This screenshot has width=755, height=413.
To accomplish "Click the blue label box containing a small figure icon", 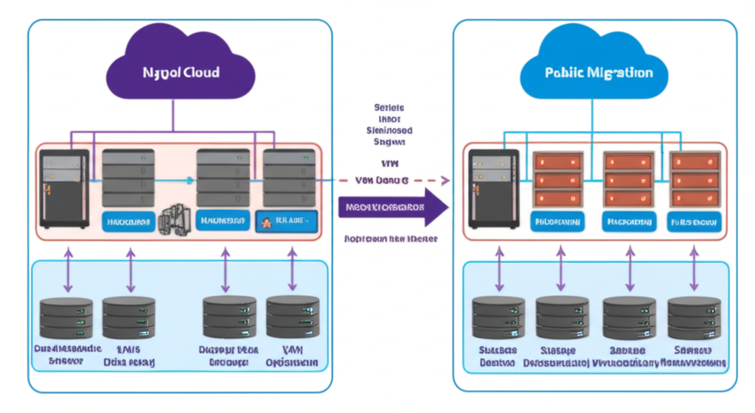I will click(285, 220).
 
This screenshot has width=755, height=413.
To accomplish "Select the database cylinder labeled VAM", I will click(292, 317).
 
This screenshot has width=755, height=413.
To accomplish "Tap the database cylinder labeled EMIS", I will click(129, 317).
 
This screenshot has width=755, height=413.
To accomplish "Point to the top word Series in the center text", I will click(389, 107).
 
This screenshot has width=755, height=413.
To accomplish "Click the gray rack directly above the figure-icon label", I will click(289, 177).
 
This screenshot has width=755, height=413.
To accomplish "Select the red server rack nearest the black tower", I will click(558, 179).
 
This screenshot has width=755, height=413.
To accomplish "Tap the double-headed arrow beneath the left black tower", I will click(69, 270).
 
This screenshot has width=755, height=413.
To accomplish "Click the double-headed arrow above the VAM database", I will click(292, 270).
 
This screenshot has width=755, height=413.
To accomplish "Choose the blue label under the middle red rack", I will click(628, 220).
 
